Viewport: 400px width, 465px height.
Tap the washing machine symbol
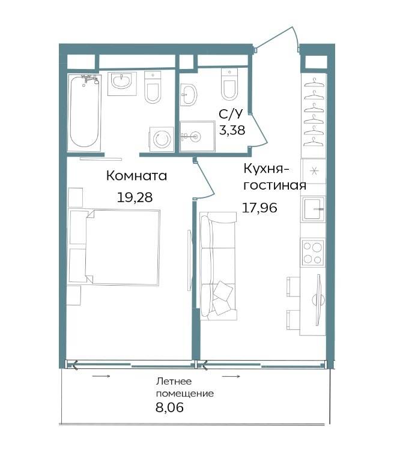[x=162, y=139]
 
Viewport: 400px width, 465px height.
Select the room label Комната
[x=136, y=176]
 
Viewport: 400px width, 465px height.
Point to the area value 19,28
[x=135, y=197]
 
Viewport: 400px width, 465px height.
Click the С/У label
[x=231, y=114]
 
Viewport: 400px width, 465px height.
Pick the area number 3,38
[x=232, y=130]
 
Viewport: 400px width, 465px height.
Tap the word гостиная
[x=274, y=185]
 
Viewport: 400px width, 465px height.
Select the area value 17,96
[x=260, y=208]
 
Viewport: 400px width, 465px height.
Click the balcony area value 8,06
[x=169, y=407]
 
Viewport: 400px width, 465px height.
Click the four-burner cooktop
[x=313, y=253]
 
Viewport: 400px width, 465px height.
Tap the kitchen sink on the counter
[x=313, y=209]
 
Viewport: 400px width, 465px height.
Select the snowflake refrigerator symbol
[x=314, y=171]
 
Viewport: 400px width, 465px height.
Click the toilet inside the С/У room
[x=229, y=84]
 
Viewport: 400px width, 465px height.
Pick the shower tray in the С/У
[x=198, y=136]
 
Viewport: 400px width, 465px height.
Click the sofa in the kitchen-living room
[x=218, y=266]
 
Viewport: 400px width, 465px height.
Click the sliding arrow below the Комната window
[x=101, y=376]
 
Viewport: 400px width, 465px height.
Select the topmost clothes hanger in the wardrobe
[x=314, y=82]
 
